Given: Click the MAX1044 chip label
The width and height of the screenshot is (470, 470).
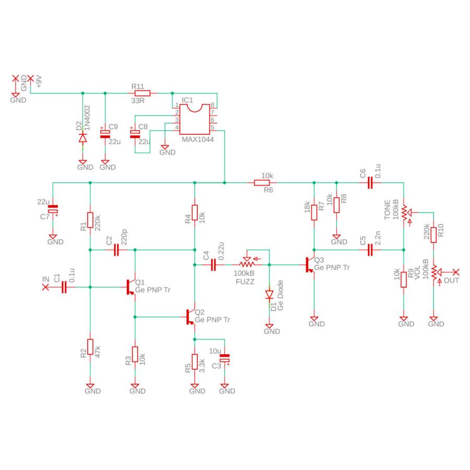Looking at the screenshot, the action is tap(197, 139).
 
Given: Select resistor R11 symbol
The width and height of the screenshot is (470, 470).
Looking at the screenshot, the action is tap(143, 93).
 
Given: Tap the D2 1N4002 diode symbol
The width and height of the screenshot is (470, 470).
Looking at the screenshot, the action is tap(83, 138).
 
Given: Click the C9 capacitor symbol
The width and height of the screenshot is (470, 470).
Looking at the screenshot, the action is tap(105, 134).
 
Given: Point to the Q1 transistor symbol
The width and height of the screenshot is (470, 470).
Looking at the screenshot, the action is tap(131, 287).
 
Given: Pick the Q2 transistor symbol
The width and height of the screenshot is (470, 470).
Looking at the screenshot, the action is tap(190, 317).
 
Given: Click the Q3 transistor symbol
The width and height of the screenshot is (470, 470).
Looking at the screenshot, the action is tap(310, 265).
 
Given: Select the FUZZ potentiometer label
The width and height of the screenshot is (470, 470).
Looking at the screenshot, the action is tap(245, 282).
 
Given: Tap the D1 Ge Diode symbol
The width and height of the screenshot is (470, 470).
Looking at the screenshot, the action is tap(269, 295).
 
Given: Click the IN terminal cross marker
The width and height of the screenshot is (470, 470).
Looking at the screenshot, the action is tap(45, 287).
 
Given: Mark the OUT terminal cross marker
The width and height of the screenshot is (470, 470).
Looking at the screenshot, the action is tap(456, 272).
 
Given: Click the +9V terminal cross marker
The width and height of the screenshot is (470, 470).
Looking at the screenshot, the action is tap(31, 78).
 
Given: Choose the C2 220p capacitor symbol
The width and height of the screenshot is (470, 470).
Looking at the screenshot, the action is tap(116, 250).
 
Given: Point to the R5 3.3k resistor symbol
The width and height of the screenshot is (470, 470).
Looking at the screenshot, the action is tap(195, 361).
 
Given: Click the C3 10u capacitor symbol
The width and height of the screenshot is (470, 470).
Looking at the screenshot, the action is tap(225, 358).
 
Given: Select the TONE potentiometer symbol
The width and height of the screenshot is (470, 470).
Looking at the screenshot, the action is tap(405, 213).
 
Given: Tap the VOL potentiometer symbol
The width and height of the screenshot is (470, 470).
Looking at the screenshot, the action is tap(435, 272).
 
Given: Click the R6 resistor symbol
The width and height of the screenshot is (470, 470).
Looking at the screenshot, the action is tap(262, 183).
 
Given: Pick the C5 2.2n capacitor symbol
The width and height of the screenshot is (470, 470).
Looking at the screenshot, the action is tap(370, 250).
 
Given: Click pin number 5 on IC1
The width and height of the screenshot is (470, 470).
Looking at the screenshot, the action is tap(212, 127).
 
